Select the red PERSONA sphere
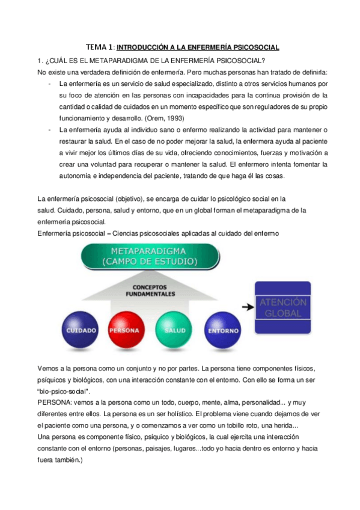click(x=124, y=328)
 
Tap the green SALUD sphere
click(x=173, y=328)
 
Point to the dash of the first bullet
click(x=49, y=84)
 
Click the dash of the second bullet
click(x=49, y=129)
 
